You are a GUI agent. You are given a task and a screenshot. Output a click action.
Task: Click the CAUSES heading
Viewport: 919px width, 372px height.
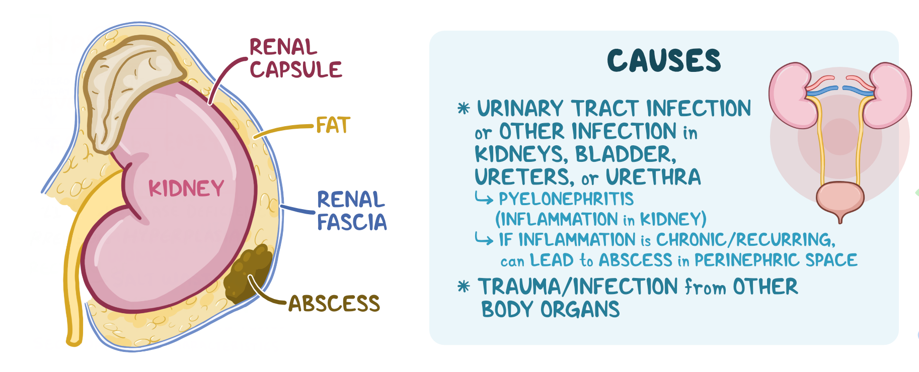tap(664, 61)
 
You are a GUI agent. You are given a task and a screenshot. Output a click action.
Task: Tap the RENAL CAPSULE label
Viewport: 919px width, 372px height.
tap(296, 59)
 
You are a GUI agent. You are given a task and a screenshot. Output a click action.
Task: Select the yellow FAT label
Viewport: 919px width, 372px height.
tap(333, 125)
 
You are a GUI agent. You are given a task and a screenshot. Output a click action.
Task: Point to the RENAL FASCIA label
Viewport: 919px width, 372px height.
tap(352, 211)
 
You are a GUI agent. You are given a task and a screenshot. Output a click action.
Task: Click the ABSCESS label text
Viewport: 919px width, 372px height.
tap(334, 304)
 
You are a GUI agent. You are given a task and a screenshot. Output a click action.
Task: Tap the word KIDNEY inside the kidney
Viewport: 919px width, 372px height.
tap(186, 189)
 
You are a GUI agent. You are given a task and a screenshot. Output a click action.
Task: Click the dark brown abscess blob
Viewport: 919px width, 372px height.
tap(248, 274)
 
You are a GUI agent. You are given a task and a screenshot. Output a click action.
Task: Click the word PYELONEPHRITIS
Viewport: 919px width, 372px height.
tap(566, 199)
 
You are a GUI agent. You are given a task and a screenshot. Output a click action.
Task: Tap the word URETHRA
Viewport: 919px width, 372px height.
tap(653, 177)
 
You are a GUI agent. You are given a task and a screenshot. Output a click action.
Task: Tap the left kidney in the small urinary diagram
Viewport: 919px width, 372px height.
tap(792, 95)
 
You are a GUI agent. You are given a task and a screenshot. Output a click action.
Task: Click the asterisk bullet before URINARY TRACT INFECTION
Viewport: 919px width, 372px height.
tap(464, 108)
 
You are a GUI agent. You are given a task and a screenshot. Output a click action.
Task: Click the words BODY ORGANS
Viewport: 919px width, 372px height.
tap(550, 310)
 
